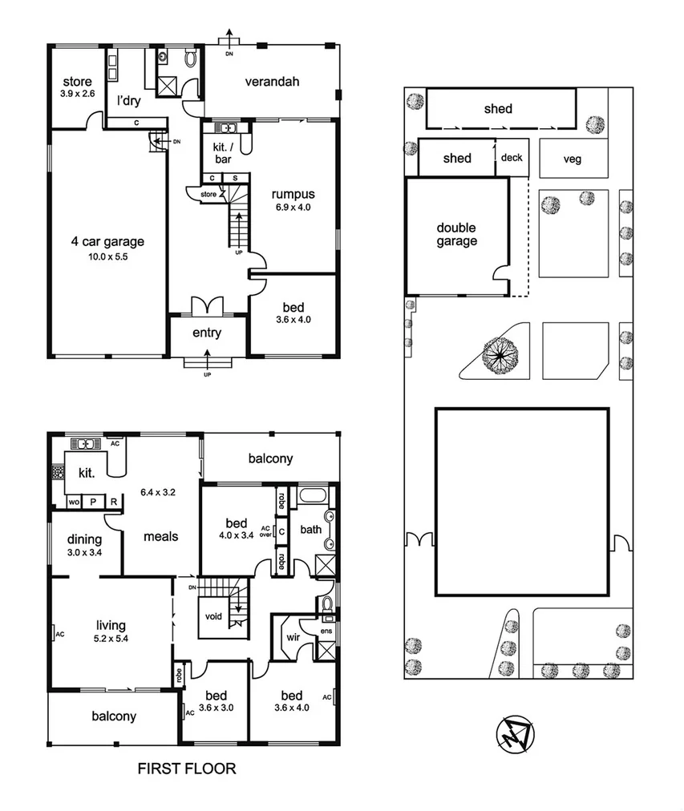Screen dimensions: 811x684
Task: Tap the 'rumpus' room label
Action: click(x=292, y=194)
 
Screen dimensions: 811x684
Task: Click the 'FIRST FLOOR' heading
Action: click(x=187, y=769)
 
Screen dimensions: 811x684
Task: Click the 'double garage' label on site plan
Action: click(x=456, y=234)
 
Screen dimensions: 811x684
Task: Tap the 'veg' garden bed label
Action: click(x=572, y=159)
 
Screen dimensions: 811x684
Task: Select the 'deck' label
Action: click(x=511, y=158)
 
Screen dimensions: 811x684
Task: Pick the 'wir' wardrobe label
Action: click(x=292, y=638)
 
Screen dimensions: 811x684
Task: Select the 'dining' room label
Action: click(x=83, y=539)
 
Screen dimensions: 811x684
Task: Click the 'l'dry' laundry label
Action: click(x=128, y=101)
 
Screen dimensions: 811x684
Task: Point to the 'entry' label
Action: click(x=207, y=333)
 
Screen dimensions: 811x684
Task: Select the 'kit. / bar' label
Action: click(x=222, y=152)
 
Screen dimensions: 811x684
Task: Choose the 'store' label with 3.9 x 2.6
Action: click(x=78, y=82)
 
